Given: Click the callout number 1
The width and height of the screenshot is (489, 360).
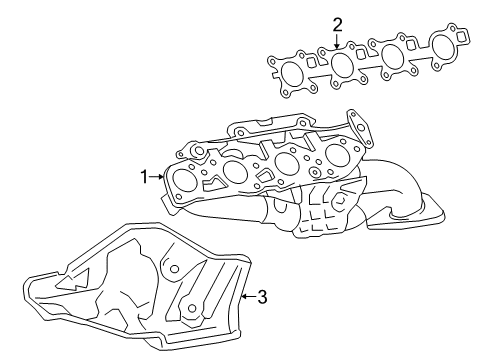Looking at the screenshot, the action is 144,177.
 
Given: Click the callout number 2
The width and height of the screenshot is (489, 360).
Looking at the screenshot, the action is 337,23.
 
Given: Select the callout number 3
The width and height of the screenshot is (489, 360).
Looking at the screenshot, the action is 261,296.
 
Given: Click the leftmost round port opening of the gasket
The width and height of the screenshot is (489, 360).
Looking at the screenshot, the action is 291,74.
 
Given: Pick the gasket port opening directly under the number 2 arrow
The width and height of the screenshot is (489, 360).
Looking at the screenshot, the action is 340,64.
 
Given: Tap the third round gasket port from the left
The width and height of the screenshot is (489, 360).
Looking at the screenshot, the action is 391,53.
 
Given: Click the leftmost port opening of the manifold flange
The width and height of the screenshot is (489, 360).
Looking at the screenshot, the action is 186,182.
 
